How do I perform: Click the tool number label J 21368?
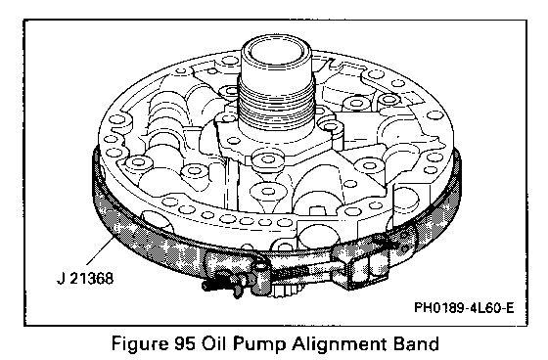[85, 279]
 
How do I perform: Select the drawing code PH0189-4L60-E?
[464, 308]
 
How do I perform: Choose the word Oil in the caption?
[213, 343]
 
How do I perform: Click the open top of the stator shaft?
[276, 51]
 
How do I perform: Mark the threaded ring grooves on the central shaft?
[276, 103]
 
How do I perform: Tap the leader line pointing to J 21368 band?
[100, 250]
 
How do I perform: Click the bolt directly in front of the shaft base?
[268, 160]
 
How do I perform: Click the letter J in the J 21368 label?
[60, 279]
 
